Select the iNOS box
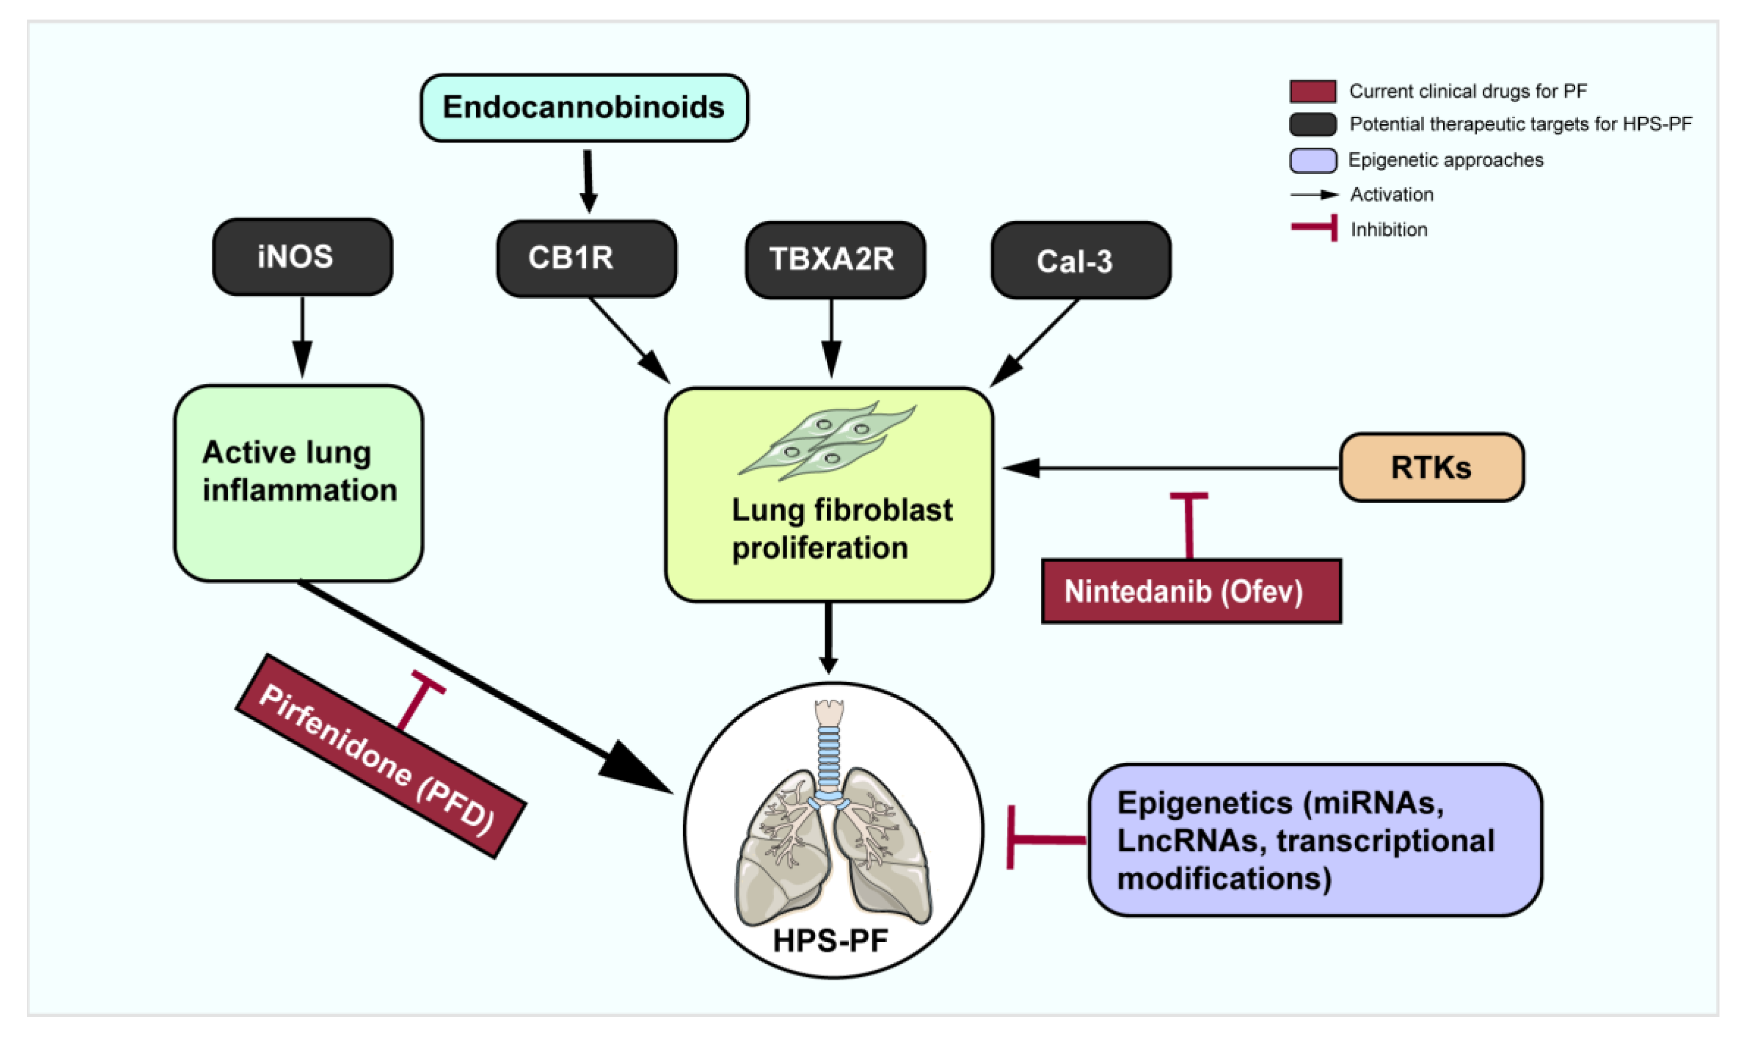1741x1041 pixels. [x=302, y=257]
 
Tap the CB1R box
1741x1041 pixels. [x=586, y=258]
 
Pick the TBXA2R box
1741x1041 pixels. [x=835, y=260]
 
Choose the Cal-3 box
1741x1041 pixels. [x=1080, y=261]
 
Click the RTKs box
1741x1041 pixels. [x=1431, y=467]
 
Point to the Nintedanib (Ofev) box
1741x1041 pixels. [x=1191, y=591]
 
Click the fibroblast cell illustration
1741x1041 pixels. [x=828, y=440]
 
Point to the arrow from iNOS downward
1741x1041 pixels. [x=302, y=337]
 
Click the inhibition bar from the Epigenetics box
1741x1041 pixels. [x=1045, y=839]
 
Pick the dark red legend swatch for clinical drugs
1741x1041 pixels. [x=1312, y=91]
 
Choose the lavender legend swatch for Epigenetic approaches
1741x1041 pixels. [x=1312, y=160]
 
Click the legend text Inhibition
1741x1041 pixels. [x=1389, y=229]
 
